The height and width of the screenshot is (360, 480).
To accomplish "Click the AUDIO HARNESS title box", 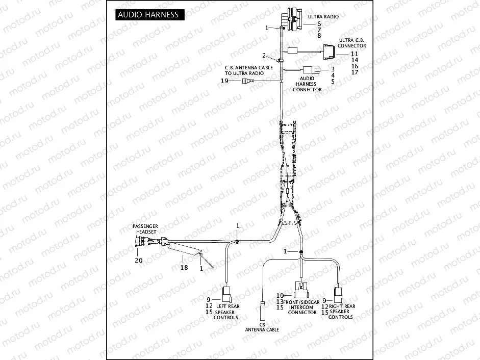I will tap(148, 14).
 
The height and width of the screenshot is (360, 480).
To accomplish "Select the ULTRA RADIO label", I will tap(323, 17).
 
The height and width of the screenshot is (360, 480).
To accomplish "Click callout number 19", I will tap(224, 81).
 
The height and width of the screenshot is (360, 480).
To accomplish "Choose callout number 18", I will tap(184, 267).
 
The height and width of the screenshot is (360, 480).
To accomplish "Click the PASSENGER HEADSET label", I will tap(145, 228).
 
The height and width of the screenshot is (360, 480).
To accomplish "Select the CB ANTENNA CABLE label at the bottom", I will tap(262, 327).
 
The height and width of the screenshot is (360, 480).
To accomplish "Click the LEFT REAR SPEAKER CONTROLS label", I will tap(226, 312).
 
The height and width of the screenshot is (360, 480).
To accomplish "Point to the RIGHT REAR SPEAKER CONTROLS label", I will tap(341, 312).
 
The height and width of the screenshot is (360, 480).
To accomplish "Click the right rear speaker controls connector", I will tap(338, 295).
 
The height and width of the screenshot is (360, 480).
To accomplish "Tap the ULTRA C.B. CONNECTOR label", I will tap(352, 43).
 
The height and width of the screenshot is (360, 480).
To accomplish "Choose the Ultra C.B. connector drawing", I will tap(328, 51).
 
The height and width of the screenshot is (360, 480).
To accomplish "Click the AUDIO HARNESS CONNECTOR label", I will tap(307, 84).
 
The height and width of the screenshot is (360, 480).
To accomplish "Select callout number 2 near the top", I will tap(264, 56).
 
